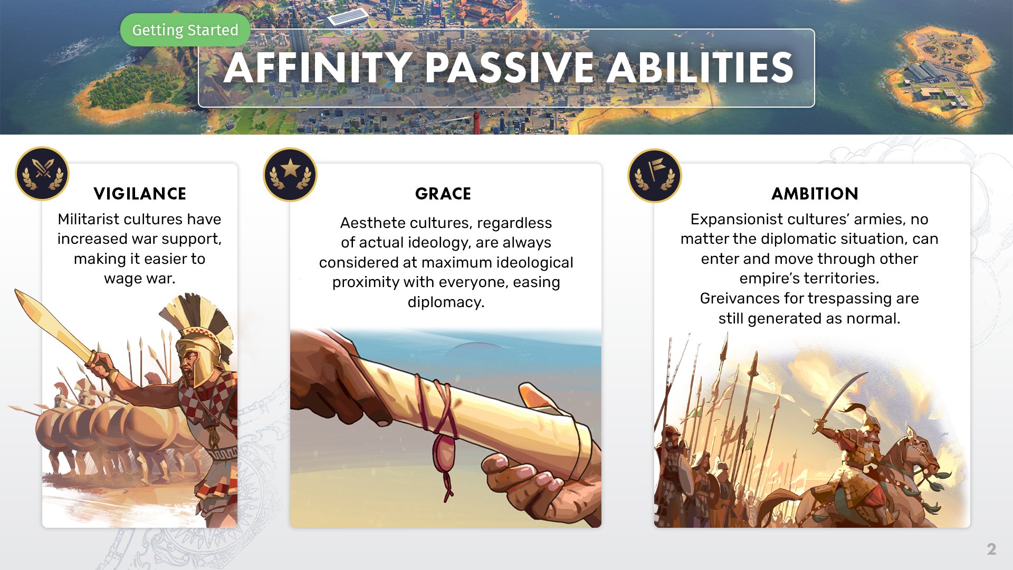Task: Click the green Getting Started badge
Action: (185, 30)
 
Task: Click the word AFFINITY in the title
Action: (318, 68)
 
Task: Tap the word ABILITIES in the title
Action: (700, 68)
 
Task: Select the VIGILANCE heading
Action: (140, 194)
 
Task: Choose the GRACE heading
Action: (443, 194)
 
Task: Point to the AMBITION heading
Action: (815, 194)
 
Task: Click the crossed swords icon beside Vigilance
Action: (42, 173)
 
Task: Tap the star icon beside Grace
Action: (290, 173)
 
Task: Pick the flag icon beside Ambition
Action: (654, 174)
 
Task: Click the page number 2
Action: (991, 549)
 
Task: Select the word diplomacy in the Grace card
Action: (446, 302)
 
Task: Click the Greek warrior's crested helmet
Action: (200, 338)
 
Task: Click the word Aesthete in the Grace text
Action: (369, 223)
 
